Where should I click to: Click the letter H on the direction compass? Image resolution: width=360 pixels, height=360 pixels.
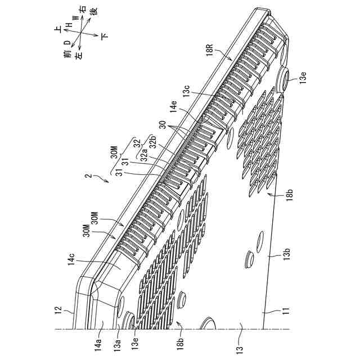click(x=68, y=25)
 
